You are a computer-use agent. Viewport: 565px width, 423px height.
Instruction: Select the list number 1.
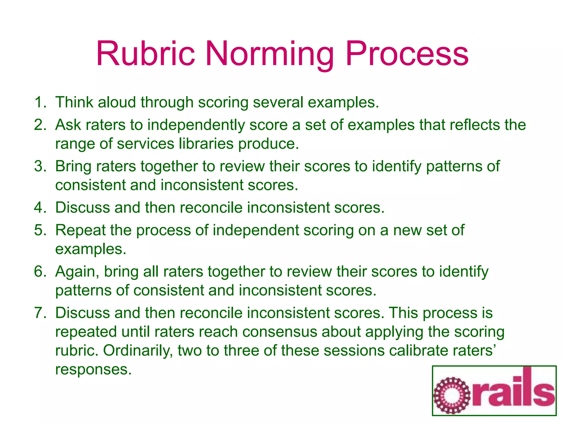(40, 102)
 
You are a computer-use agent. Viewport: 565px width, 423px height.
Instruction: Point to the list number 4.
(40, 207)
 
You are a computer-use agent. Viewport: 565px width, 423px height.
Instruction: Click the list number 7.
(40, 313)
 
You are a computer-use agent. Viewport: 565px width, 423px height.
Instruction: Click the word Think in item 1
(74, 102)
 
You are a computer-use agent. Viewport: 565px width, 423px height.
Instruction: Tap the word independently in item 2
(196, 125)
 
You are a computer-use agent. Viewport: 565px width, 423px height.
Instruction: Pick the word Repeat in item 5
(80, 230)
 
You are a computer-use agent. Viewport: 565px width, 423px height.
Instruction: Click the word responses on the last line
(93, 369)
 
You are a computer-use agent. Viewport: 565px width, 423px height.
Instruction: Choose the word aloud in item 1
(117, 102)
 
